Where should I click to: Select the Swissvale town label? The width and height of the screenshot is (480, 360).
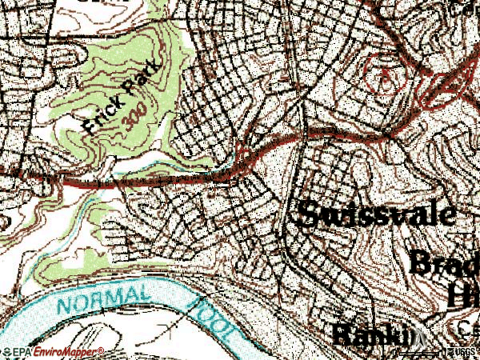click(378, 213)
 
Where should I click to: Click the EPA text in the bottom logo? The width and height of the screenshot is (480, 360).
click(21, 352)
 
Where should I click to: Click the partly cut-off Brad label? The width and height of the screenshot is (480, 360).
click(444, 262)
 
